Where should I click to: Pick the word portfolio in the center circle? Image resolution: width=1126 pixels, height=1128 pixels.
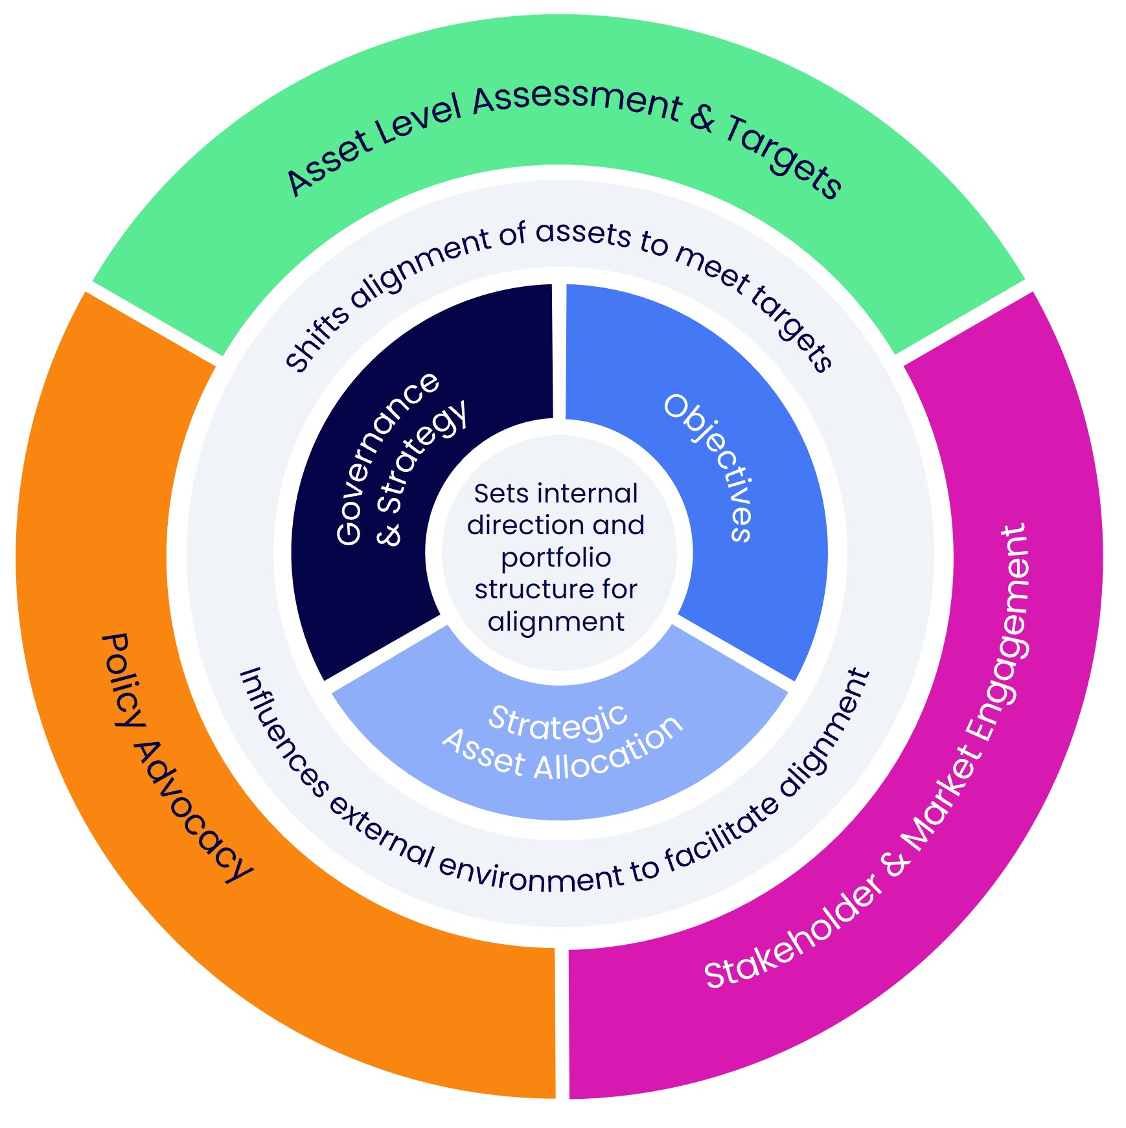tap(556, 558)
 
